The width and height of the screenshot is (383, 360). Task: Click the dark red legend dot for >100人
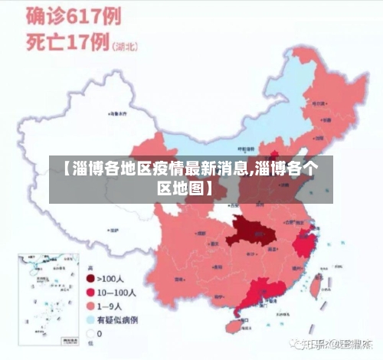pos(90,279)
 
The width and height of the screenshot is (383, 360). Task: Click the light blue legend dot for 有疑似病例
pos(90,319)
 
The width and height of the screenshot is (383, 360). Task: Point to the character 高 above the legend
pos(90,267)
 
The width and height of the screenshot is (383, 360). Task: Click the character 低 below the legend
pos(90,347)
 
